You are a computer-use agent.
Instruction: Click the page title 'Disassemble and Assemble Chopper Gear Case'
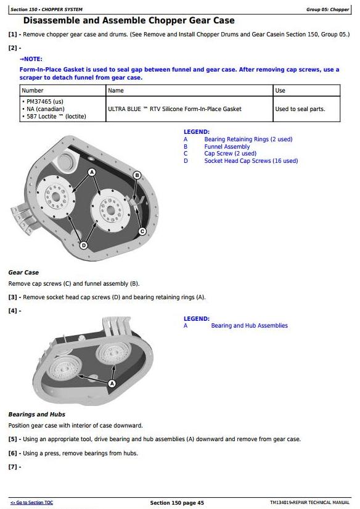(x=129, y=20)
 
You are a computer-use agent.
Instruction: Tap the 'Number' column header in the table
(x=33, y=91)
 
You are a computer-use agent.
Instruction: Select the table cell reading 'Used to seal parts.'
(x=300, y=109)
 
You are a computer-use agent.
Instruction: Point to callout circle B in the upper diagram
(x=137, y=175)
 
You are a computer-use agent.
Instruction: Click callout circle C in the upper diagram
(x=142, y=231)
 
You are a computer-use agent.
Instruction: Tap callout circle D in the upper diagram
(x=84, y=245)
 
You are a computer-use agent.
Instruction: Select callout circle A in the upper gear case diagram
(x=92, y=172)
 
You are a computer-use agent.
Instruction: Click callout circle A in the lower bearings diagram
(x=112, y=384)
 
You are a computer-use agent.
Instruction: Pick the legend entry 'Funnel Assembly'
(x=227, y=146)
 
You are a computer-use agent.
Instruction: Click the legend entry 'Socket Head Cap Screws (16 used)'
(x=251, y=160)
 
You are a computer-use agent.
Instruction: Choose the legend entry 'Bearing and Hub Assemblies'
(x=250, y=326)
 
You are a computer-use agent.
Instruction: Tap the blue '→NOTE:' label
(x=31, y=59)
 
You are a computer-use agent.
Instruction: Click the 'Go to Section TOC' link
(x=31, y=502)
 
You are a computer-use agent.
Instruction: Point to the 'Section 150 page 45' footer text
(x=177, y=503)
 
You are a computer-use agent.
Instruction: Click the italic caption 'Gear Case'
(x=23, y=273)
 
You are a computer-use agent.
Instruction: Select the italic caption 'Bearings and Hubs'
(x=36, y=415)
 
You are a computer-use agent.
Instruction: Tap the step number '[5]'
(x=13, y=439)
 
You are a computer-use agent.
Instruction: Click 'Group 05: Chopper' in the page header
(x=327, y=9)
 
